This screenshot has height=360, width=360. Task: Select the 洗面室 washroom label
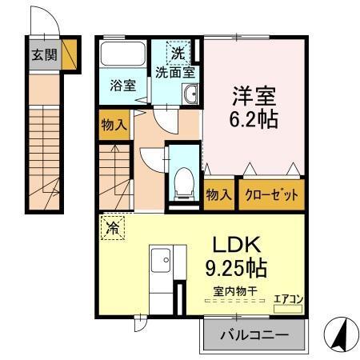(x=174, y=71)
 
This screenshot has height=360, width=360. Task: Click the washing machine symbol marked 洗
(x=178, y=54)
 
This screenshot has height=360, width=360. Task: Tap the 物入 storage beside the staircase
(x=114, y=124)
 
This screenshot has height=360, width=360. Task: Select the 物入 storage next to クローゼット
(x=219, y=194)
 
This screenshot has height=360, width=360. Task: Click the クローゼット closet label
(x=271, y=194)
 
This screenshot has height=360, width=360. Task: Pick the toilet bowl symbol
(x=182, y=178)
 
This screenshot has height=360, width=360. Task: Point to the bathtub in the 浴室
(x=122, y=56)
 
